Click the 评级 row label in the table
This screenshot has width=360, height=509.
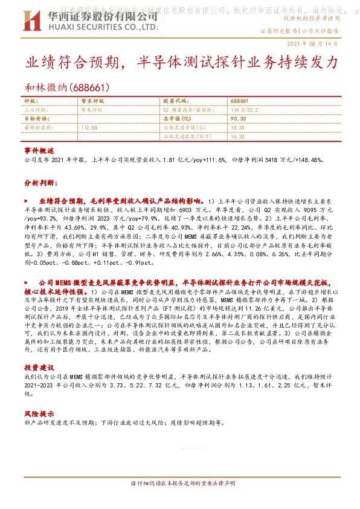click(x=31, y=100)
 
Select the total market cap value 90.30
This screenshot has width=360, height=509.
click(x=237, y=118)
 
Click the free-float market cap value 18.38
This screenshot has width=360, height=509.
click(x=237, y=128)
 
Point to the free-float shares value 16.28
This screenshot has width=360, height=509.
click(x=237, y=137)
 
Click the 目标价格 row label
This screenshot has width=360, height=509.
click(x=35, y=118)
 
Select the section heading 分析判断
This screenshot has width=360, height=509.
click(x=40, y=181)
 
